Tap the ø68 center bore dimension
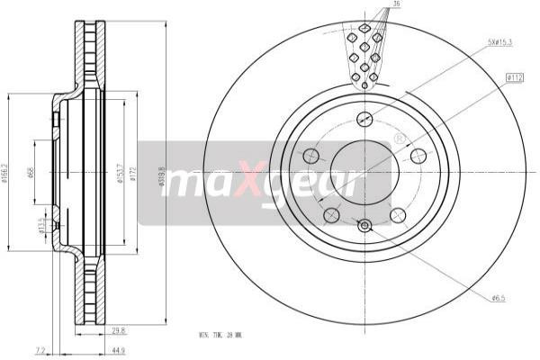[31, 171]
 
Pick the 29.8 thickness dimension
[119, 330]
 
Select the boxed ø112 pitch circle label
[515, 78]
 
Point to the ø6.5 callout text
[497, 298]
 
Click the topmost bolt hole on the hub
[364, 118]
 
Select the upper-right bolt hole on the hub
[418, 156]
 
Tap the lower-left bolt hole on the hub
[331, 215]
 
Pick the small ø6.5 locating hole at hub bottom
[364, 226]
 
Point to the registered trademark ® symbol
[399, 139]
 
